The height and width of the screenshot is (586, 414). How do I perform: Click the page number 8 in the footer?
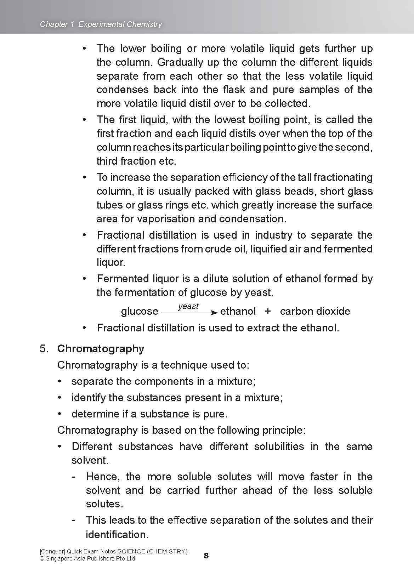(x=206, y=556)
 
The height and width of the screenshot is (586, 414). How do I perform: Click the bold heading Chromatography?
(x=101, y=349)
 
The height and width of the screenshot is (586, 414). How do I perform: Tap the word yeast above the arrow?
(x=188, y=306)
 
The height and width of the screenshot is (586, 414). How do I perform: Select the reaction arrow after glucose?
(x=189, y=313)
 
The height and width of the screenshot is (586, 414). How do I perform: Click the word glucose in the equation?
(x=140, y=311)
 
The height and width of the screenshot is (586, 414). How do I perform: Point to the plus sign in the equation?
(x=268, y=311)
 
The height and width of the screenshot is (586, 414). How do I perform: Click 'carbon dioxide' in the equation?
(x=315, y=311)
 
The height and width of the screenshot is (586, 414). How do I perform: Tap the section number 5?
(x=44, y=349)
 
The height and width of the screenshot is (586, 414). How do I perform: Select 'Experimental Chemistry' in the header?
(x=120, y=24)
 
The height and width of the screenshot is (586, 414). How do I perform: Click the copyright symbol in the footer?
(x=42, y=559)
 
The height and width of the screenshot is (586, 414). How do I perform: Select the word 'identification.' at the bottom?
(x=117, y=534)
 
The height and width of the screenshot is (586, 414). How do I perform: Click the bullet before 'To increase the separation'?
(x=84, y=177)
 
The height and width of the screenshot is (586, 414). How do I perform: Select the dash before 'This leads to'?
(x=73, y=520)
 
